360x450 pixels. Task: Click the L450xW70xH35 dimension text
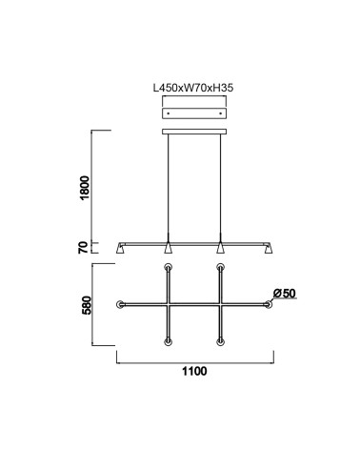click(193, 88)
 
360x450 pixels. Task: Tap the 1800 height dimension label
click(85, 188)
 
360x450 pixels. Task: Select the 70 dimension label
click(83, 248)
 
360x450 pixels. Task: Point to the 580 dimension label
click(86, 305)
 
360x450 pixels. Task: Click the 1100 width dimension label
click(194, 371)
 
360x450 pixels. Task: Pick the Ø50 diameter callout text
click(285, 294)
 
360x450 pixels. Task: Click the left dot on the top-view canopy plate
click(169, 113)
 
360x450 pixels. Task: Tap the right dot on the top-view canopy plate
click(220, 113)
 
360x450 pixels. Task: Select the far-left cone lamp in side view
click(120, 249)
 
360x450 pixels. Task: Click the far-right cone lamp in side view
click(269, 249)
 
